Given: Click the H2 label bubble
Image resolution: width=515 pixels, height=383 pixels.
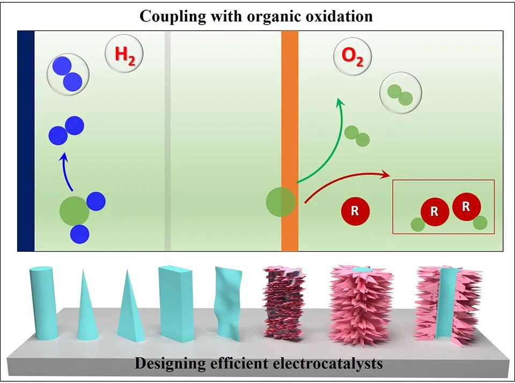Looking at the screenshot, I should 124,55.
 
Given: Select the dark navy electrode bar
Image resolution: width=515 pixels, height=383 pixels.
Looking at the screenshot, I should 26,141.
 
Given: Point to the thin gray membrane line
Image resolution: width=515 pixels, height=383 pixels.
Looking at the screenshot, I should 167,141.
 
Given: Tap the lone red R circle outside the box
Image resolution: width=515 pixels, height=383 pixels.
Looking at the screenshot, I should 355,211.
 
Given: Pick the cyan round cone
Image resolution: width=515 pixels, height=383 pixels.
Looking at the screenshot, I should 85,308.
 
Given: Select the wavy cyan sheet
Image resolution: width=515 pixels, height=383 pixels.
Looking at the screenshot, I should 225,303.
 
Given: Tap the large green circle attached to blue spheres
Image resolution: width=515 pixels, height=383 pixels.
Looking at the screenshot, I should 74,211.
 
